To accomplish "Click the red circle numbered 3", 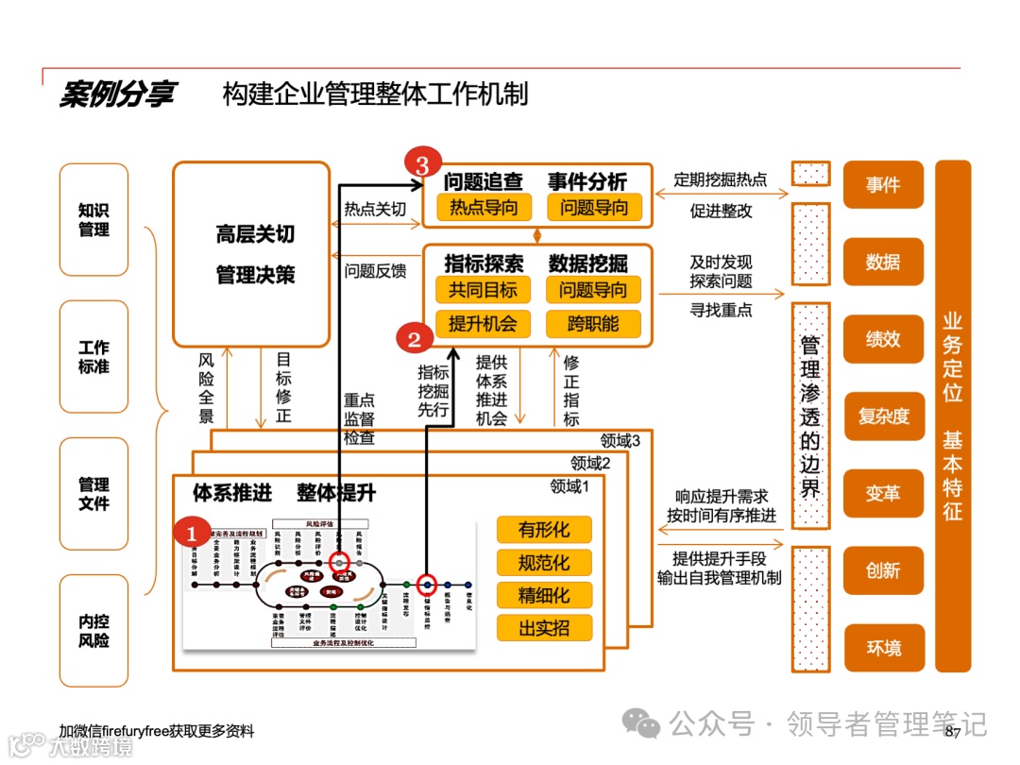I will (422, 164).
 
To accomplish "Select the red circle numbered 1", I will (192, 534).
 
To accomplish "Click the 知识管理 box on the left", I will (93, 220).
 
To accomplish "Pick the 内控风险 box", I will (93, 631).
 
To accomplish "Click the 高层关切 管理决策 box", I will (252, 254).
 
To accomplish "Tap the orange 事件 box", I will (883, 185).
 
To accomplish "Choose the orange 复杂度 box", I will (883, 416).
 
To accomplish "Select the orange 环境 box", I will (883, 648).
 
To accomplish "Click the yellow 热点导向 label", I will (484, 207).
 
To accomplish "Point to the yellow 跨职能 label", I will (593, 323).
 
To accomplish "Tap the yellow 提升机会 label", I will (483, 323).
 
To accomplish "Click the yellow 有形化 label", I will (544, 530).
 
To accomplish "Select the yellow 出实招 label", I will (544, 628).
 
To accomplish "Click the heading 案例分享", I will (117, 95).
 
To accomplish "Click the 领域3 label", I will (620, 440).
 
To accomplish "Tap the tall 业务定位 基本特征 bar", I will (952, 416).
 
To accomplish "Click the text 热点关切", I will (375, 210).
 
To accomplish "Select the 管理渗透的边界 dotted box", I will (810, 416).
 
